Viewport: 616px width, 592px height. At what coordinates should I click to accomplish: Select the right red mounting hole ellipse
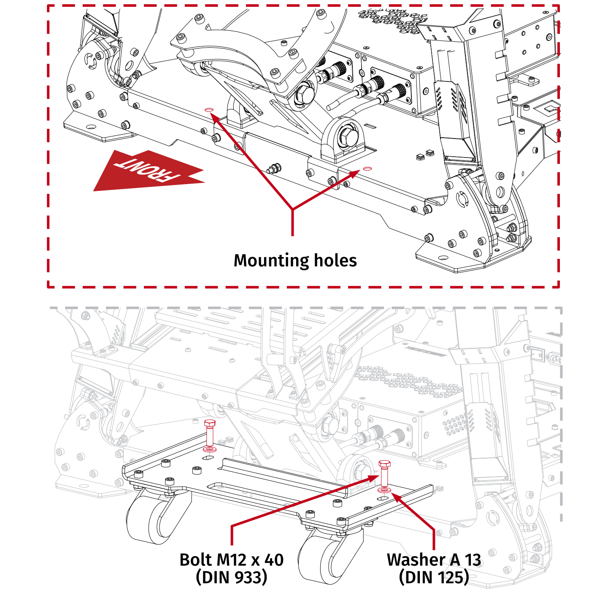(x=367, y=169)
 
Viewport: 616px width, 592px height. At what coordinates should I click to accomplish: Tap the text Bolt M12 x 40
(x=231, y=560)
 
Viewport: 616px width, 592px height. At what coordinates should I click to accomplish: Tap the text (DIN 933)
(x=231, y=577)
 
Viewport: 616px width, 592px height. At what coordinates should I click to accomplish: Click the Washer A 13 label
(x=434, y=560)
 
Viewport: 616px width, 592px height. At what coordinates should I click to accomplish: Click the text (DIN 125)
(x=434, y=577)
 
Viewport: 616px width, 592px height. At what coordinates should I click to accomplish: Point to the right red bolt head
(x=384, y=464)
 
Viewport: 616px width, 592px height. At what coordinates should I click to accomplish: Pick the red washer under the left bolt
(x=209, y=448)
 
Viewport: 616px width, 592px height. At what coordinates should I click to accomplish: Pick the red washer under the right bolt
(x=384, y=490)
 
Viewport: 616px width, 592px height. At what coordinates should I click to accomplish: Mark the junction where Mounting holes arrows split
(x=292, y=209)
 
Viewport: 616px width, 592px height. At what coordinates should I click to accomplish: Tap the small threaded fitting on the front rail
(x=274, y=169)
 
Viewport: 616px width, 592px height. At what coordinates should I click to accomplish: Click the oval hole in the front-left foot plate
(x=91, y=126)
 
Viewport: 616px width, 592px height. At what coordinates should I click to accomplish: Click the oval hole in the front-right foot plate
(x=443, y=258)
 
